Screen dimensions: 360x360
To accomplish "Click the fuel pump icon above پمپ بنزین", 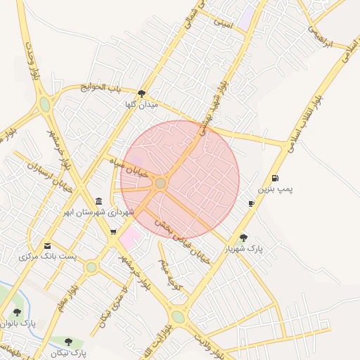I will pos(274,179).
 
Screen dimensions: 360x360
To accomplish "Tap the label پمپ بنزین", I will pos(274,190).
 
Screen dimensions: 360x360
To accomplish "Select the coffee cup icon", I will pos(251,203).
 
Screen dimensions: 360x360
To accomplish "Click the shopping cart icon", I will pos(113,231).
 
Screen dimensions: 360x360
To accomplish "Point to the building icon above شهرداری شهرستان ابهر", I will pos(98,201).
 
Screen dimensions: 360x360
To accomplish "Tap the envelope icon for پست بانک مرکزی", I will pos(47,245).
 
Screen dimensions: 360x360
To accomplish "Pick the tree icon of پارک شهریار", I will pos(243,238).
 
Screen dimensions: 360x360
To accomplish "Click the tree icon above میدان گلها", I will pos(142,94).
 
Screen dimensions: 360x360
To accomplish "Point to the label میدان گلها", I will pos(142,105).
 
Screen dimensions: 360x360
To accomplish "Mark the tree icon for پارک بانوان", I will pos(17,311).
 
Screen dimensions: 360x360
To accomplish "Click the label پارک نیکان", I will pos(68,352).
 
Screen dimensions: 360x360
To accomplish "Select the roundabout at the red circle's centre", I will pos(160,183).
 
